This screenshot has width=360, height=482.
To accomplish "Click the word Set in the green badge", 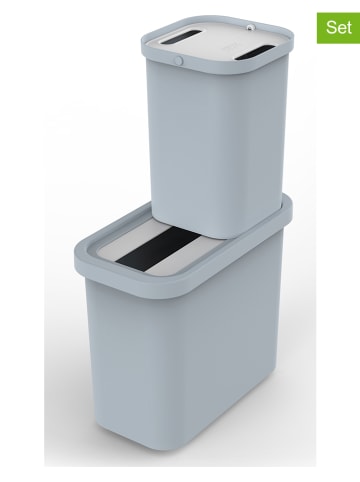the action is [x=338, y=27].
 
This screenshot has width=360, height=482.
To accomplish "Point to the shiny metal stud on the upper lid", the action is [x=251, y=27].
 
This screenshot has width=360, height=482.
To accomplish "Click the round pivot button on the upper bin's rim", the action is [x=179, y=60].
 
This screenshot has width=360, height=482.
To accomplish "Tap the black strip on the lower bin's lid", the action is [x=159, y=248].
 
